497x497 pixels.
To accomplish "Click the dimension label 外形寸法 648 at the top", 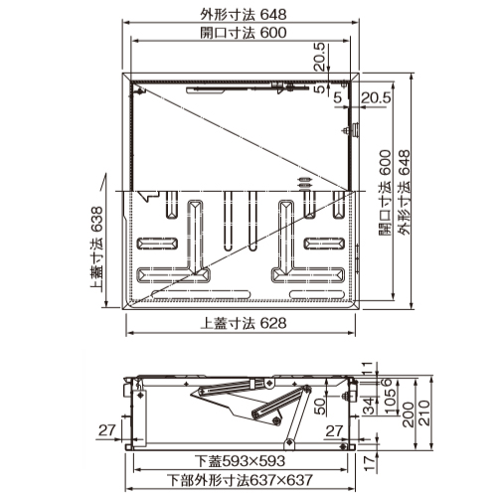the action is [x=244, y=15].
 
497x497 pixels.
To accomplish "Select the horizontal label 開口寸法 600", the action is [x=244, y=33].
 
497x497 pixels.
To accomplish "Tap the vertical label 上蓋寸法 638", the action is [x=96, y=248].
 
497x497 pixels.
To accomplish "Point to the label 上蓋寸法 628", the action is [x=244, y=323].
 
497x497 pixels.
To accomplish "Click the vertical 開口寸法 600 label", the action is [x=385, y=193].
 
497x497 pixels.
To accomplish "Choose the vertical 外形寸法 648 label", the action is [x=405, y=193].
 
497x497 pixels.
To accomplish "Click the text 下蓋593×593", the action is [x=240, y=461].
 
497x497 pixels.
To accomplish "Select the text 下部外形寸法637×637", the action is [x=240, y=480].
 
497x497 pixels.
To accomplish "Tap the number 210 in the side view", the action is [x=424, y=413].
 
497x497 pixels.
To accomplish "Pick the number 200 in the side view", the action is [x=408, y=414].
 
